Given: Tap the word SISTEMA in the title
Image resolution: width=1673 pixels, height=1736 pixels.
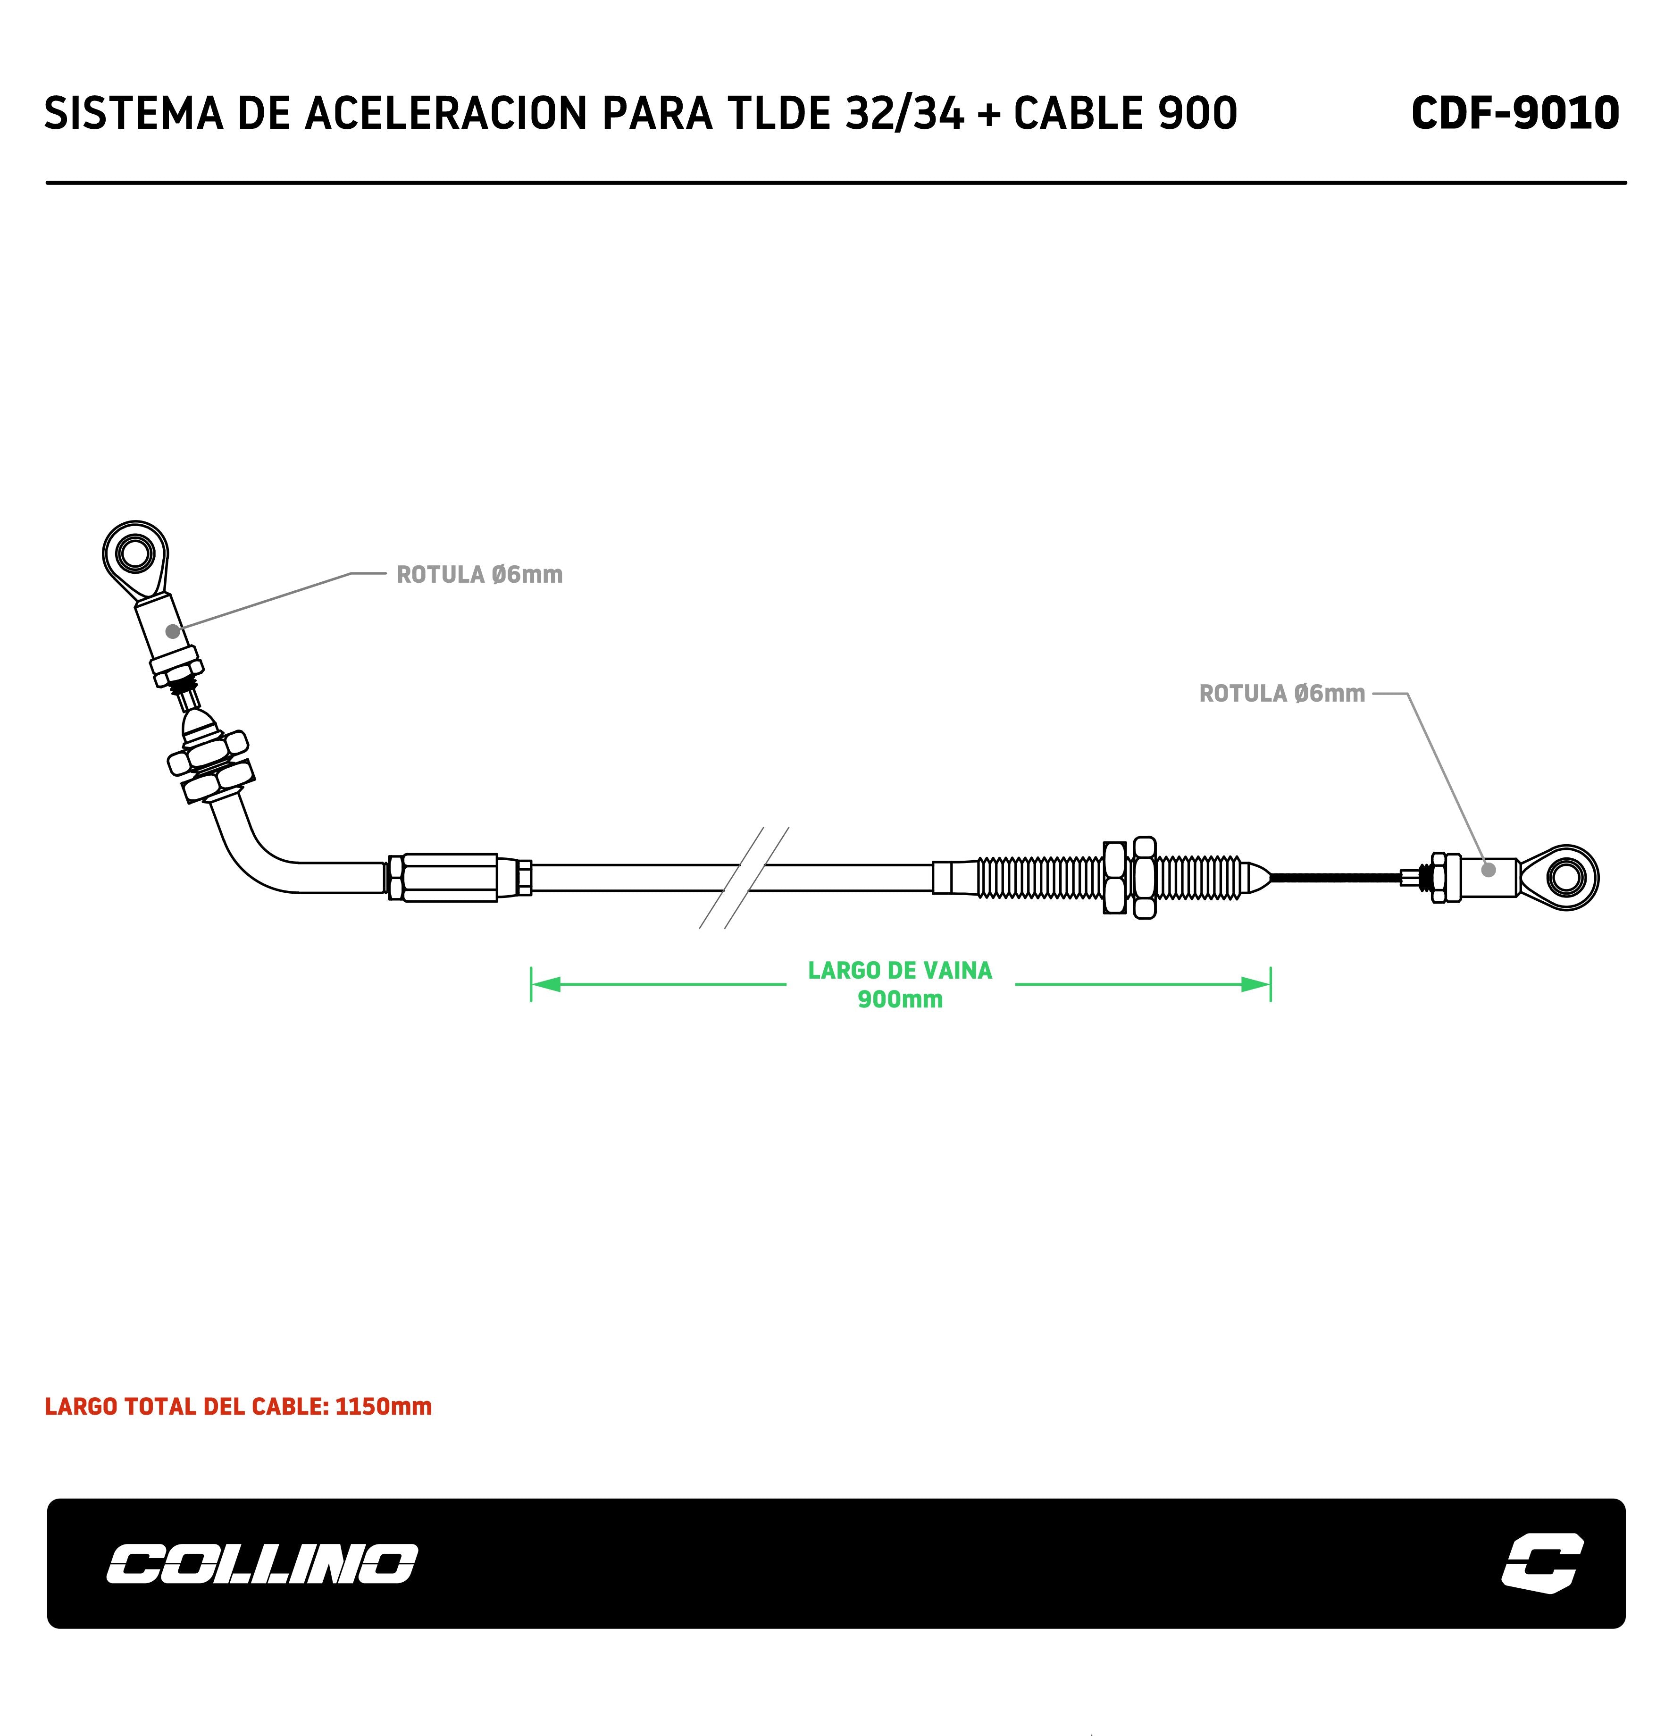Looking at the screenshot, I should point(133,113).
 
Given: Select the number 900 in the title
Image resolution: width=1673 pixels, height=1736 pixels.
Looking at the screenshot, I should point(1196,113).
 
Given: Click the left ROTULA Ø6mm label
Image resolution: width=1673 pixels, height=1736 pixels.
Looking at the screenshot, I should point(479,575).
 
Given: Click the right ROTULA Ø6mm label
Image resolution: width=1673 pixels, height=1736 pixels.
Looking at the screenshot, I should point(1281,694).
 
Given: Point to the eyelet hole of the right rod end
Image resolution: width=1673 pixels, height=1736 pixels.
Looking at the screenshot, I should point(1565,877).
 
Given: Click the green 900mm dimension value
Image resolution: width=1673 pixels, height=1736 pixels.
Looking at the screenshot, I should point(900,999).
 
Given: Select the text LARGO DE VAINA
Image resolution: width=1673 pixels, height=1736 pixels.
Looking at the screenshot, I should point(900,971).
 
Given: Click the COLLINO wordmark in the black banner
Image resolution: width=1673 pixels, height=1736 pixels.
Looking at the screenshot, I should point(262,1564).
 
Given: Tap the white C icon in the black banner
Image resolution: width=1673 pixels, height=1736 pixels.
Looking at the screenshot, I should point(1542,1564).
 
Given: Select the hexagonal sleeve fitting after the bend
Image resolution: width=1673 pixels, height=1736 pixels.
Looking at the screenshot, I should point(450,878).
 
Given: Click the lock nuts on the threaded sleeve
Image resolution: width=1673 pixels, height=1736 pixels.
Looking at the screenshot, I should point(1129,878).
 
